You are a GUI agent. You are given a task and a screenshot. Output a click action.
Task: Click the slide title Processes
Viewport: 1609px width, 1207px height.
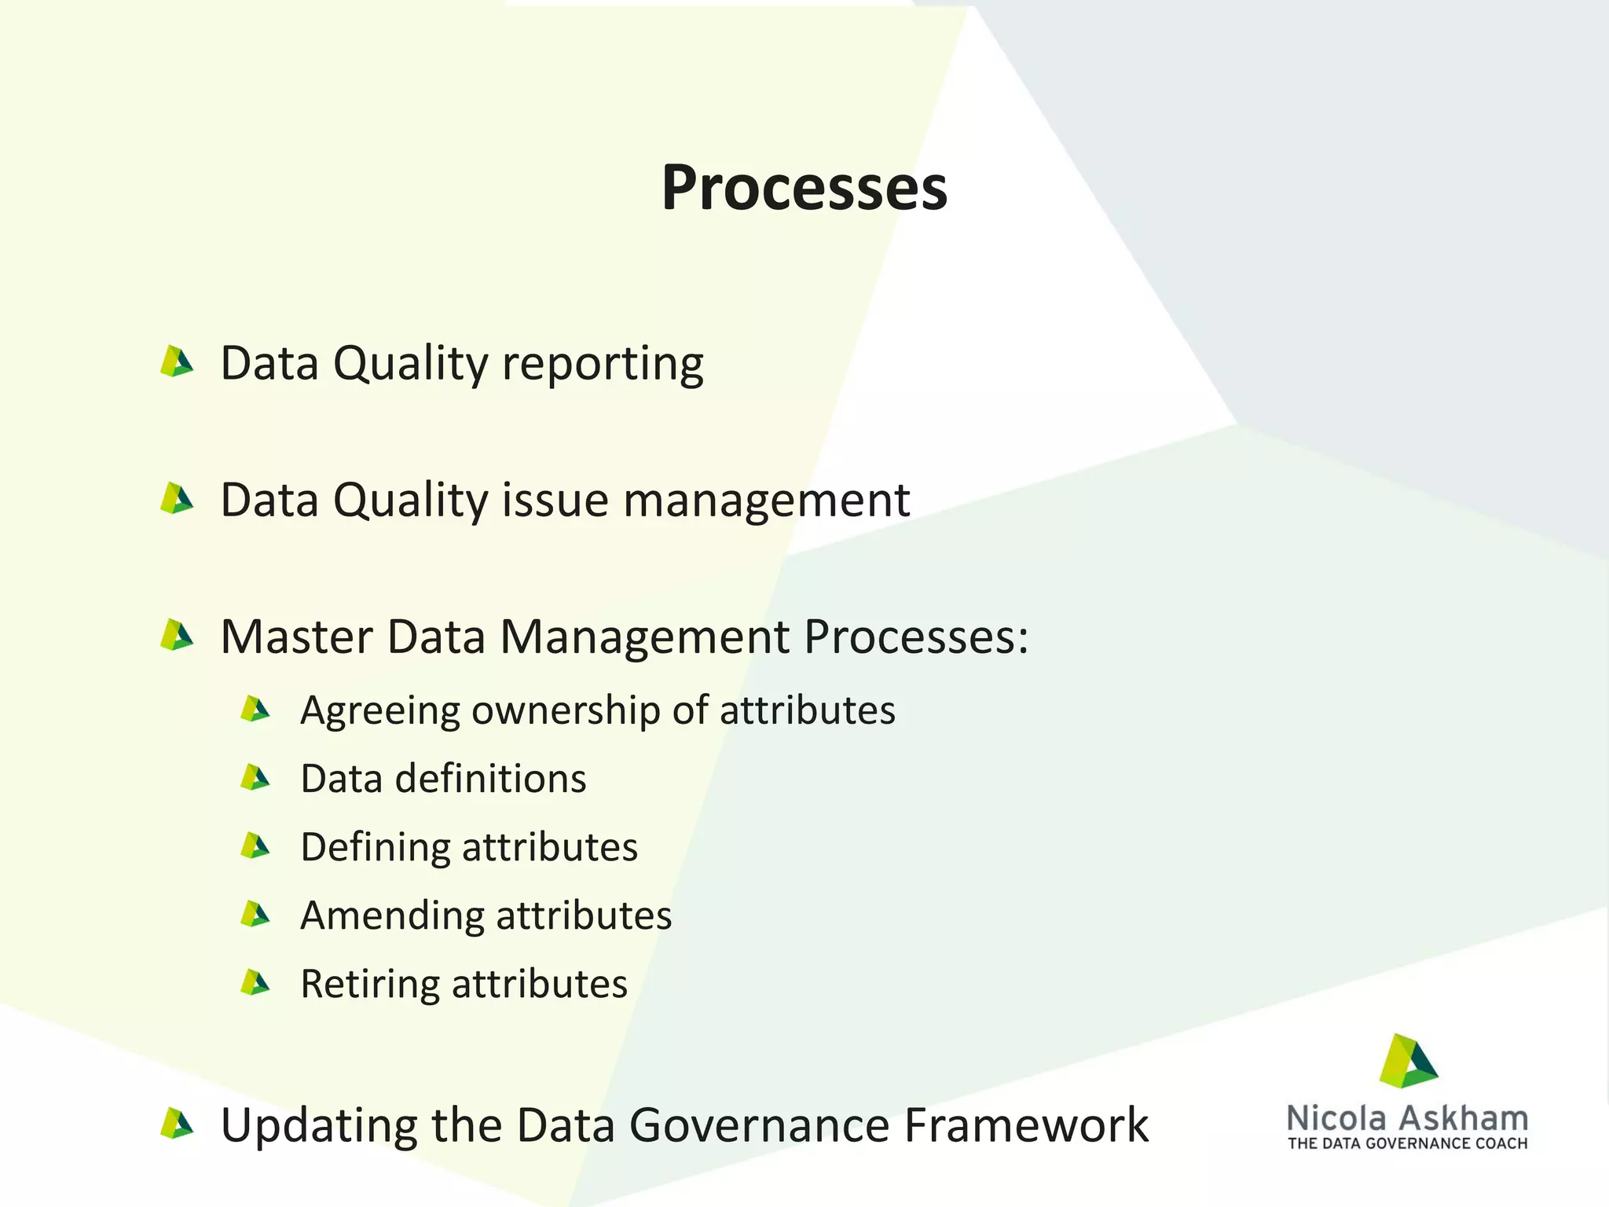804,189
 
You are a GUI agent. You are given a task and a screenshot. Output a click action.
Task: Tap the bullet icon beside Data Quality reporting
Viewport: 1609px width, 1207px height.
176,362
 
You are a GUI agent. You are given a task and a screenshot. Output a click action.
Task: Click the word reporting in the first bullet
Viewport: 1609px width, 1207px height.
602,365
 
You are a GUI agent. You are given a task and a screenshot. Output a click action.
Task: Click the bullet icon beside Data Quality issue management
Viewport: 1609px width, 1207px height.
176,499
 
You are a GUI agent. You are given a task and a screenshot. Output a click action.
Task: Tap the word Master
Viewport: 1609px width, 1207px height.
296,637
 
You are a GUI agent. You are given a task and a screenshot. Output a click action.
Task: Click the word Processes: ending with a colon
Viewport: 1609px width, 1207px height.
916,637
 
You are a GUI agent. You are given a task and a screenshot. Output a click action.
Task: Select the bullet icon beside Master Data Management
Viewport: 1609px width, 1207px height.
176,636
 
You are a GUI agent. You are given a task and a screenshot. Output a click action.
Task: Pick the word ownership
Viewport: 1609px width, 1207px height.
566,711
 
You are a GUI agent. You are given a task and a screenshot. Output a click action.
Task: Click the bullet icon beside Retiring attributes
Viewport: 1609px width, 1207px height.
255,983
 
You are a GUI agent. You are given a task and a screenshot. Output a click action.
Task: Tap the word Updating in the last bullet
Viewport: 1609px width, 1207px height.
319,1127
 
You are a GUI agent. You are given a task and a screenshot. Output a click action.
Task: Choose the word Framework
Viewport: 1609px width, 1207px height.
1026,1125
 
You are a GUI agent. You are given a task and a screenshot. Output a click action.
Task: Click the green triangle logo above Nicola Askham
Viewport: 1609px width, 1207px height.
1408,1062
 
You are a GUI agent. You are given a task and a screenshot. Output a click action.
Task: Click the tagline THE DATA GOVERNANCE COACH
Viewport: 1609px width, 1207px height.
1407,1143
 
